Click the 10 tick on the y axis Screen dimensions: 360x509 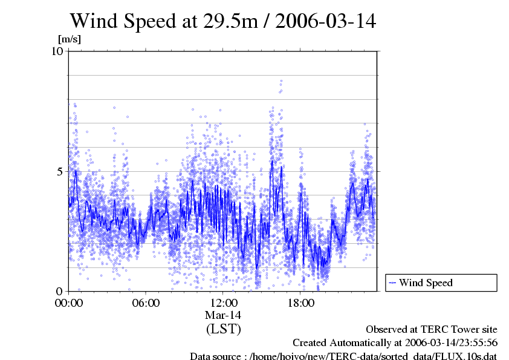[x=57, y=51]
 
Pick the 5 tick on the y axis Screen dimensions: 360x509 [x=60, y=171]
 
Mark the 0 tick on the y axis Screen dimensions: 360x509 [x=60, y=291]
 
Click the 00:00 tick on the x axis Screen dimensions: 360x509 [x=69, y=303]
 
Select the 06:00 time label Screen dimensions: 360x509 [x=146, y=303]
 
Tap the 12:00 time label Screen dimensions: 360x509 [x=223, y=303]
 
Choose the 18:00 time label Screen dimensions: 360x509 [x=300, y=303]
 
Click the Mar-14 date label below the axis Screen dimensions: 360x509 [x=223, y=315]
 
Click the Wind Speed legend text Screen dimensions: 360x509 [x=426, y=283]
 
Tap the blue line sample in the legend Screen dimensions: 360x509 [x=393, y=283]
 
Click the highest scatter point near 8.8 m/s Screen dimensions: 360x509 [x=281, y=80]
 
